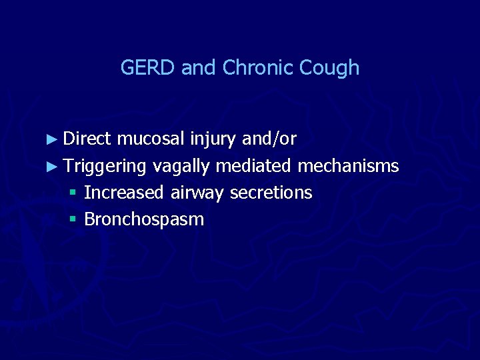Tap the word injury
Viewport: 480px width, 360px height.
coord(212,139)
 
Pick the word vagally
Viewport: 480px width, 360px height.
coord(183,166)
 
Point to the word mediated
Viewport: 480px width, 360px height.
coord(256,165)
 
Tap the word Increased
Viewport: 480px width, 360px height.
coord(124,193)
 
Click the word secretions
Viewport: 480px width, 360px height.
coord(271,193)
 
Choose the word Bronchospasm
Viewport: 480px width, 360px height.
coord(144,219)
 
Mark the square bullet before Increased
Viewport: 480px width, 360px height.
coord(73,193)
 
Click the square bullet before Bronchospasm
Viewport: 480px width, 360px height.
coord(73,220)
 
